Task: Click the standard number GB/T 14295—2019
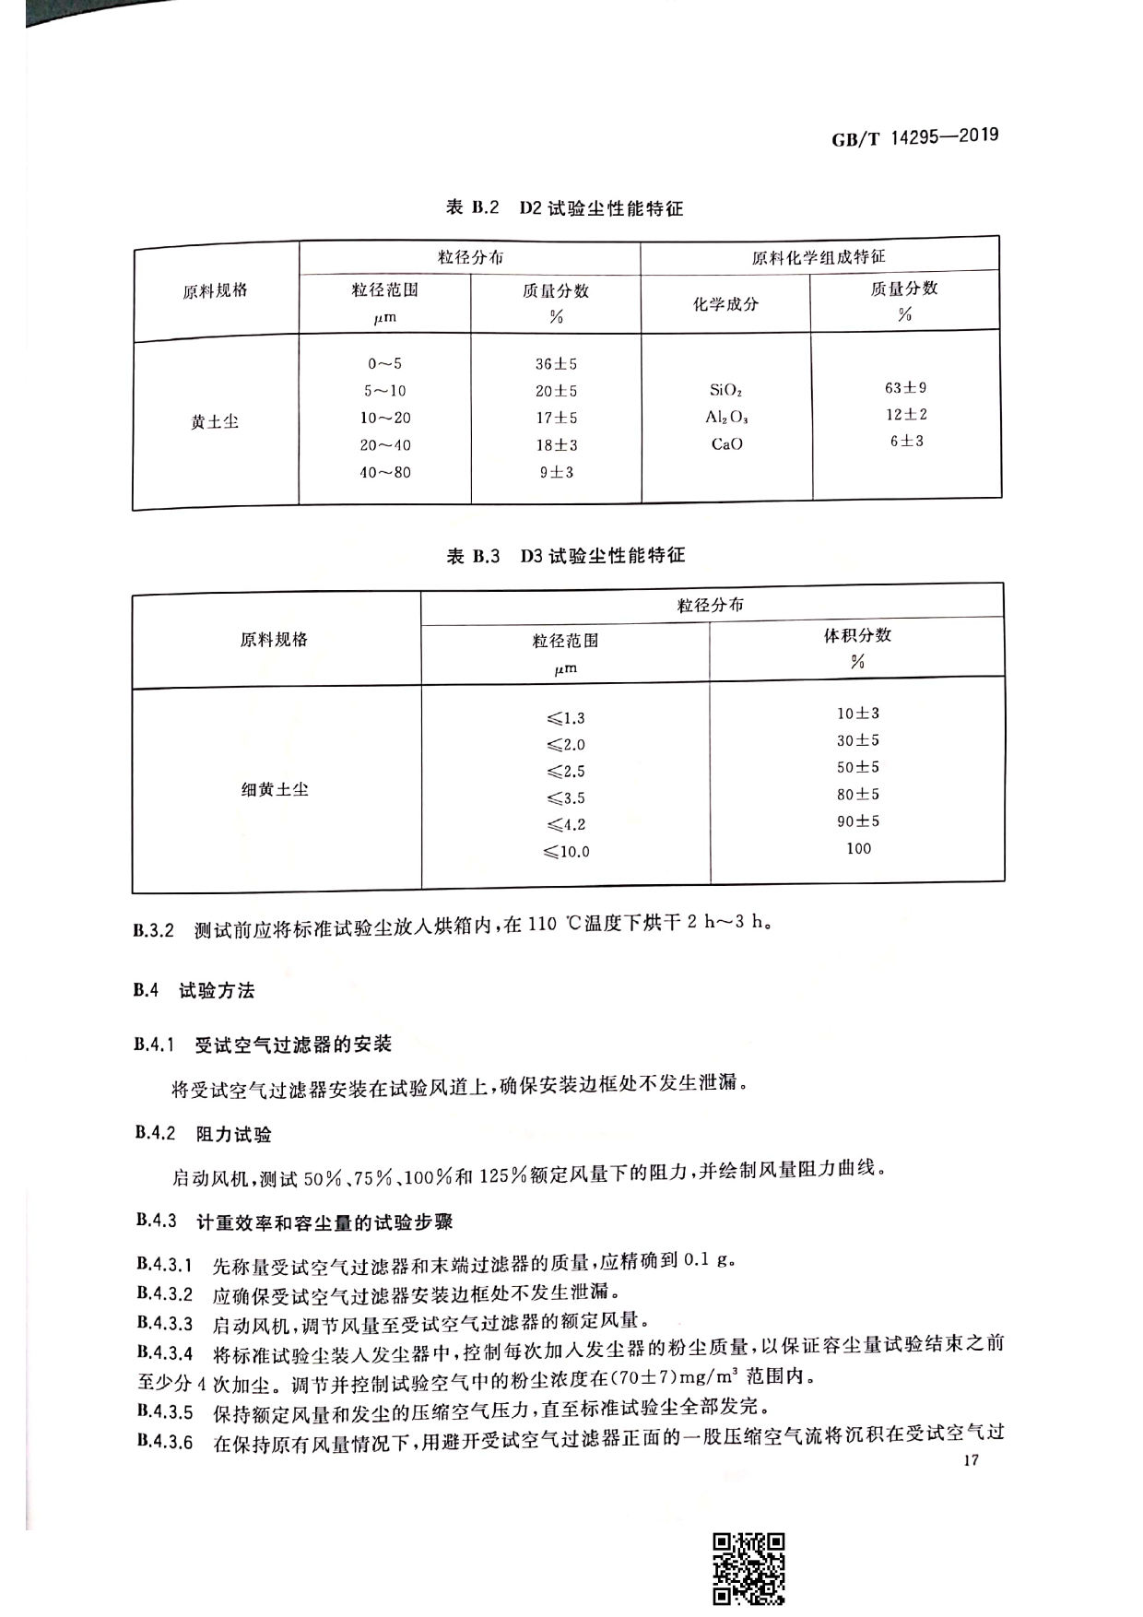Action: pos(914,137)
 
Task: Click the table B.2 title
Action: pos(564,207)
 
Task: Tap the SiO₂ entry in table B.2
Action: pos(725,390)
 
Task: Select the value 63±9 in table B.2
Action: pos(905,388)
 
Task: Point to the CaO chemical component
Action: pos(726,444)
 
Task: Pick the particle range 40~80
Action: pos(384,472)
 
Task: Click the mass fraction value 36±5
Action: pos(556,364)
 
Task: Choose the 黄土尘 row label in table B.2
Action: pos(215,422)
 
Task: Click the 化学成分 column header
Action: pos(725,303)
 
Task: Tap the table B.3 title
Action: pos(566,556)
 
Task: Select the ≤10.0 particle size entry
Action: pos(566,852)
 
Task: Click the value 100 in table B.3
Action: pos(858,848)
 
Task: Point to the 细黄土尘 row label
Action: pos(275,789)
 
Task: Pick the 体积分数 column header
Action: pos(857,635)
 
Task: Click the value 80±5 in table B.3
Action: pos(857,794)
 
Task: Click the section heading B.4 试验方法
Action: pos(194,991)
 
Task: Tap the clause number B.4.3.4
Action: pos(165,1353)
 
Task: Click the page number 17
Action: pos(970,1460)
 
